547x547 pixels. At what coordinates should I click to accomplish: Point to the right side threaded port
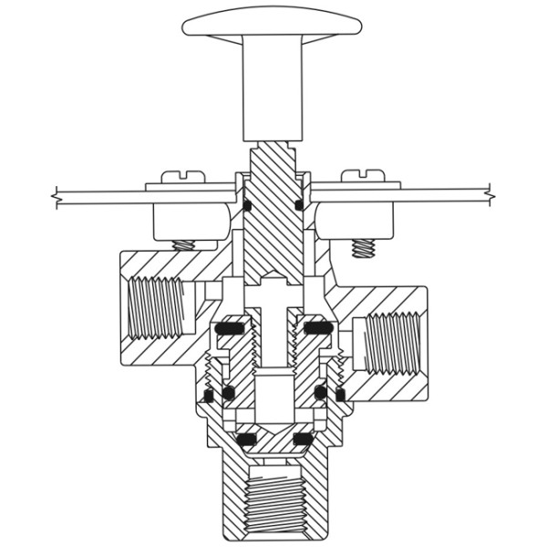[394, 342]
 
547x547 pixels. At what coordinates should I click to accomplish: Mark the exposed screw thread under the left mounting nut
[185, 244]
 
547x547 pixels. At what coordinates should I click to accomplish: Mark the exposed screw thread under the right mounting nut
[363, 246]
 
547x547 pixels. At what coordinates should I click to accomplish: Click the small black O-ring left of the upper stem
[247, 205]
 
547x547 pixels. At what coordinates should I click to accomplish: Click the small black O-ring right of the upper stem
[300, 205]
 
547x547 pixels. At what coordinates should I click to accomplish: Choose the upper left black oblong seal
[231, 327]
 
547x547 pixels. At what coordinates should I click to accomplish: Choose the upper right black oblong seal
[317, 327]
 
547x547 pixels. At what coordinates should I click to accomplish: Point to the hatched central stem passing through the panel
[273, 210]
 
